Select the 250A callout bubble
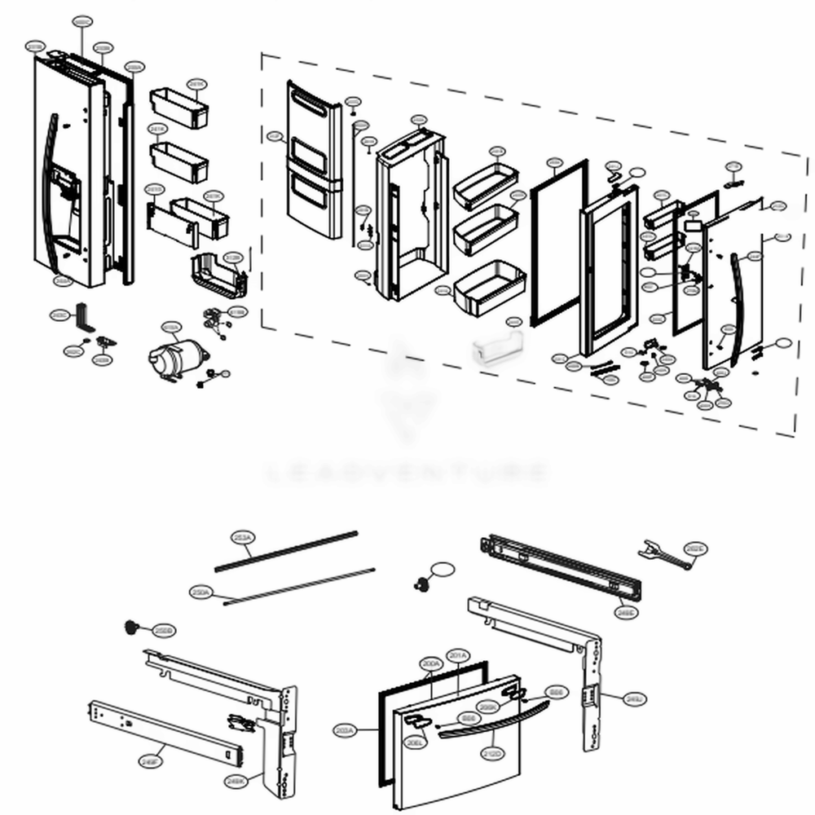(x=202, y=593)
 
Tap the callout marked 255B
(x=164, y=631)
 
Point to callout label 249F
(x=148, y=761)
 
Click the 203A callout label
(x=346, y=731)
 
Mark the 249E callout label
(x=626, y=611)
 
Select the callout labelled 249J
(x=634, y=698)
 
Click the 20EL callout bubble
(x=414, y=742)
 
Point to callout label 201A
(x=457, y=655)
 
